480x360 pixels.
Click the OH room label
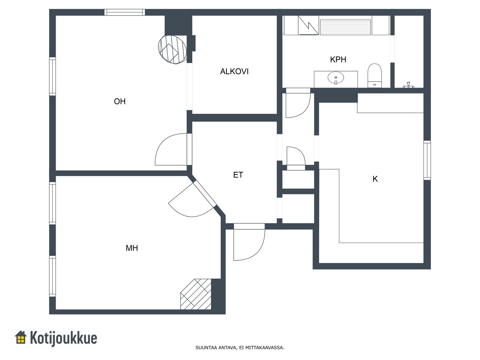pyautogui.click(x=120, y=101)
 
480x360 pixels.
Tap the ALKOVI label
pyautogui.click(x=234, y=71)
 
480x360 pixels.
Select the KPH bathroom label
pyautogui.click(x=338, y=59)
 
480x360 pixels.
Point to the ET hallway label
pyautogui.click(x=238, y=175)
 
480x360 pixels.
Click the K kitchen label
pyautogui.click(x=375, y=179)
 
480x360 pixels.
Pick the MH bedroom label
pyautogui.click(x=132, y=248)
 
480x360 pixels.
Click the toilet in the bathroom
pyautogui.click(x=375, y=76)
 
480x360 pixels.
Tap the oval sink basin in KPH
pyautogui.click(x=336, y=78)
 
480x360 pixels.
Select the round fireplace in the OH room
pyautogui.click(x=172, y=49)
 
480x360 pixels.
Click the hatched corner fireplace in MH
pyautogui.click(x=196, y=294)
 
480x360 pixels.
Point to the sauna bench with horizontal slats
pyautogui.click(x=345, y=27)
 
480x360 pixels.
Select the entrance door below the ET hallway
pyautogui.click(x=249, y=242)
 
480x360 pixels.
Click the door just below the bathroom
pyautogui.click(x=298, y=103)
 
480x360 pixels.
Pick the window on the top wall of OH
pyautogui.click(x=124, y=12)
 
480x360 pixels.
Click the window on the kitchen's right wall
pyautogui.click(x=427, y=160)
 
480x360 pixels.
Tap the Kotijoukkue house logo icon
pyautogui.click(x=21, y=337)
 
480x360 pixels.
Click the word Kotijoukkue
pyautogui.click(x=63, y=338)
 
